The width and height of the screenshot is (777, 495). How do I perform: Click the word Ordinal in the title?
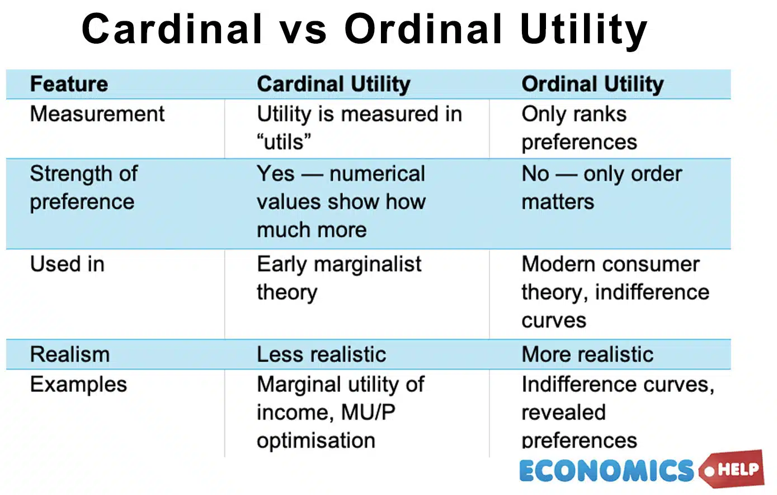[x=423, y=29]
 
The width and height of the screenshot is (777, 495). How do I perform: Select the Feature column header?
[x=69, y=84]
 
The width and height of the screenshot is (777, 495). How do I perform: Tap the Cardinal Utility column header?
[x=333, y=84]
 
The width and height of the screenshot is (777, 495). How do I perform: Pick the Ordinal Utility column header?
[x=592, y=84]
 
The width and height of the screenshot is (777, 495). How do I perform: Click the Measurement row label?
[x=97, y=114]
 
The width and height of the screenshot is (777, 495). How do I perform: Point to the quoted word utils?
[x=284, y=142]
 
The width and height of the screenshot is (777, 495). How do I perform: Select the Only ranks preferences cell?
[x=579, y=128]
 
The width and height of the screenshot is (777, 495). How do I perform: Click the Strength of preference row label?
[x=84, y=188]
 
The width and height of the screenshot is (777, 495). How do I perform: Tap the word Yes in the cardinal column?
[x=275, y=174]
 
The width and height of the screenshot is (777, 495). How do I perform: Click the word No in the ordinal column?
[x=535, y=174]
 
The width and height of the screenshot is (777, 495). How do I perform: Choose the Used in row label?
[x=67, y=264]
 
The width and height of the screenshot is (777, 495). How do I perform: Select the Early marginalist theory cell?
[x=338, y=278]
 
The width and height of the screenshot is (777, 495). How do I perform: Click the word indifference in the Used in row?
[x=652, y=292]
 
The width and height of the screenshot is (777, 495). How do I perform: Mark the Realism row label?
[x=70, y=354]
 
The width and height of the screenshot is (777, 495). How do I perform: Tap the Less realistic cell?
[x=321, y=354]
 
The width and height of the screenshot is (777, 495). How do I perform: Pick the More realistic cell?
[x=587, y=354]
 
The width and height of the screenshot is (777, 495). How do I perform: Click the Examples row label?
[x=78, y=385]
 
